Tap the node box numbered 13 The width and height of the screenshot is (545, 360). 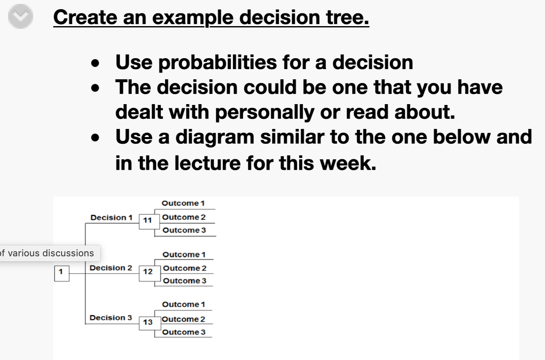coord(147,322)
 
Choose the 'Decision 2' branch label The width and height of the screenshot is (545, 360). coord(111,268)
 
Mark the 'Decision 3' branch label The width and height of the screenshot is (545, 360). coord(111,318)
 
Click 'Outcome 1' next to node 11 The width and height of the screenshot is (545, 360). coord(183,203)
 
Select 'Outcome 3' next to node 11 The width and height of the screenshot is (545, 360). coord(184,230)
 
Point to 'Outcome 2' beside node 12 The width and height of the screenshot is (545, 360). coord(185,268)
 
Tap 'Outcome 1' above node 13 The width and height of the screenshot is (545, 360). coord(183,304)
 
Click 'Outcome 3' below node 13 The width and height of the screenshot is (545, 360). coord(184,332)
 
